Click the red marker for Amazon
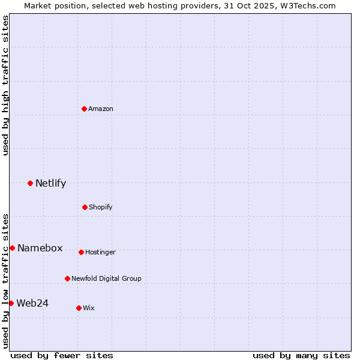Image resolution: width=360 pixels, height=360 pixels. click(x=85, y=109)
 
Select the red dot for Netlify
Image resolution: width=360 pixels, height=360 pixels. click(x=30, y=183)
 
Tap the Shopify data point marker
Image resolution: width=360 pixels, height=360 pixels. click(x=85, y=207)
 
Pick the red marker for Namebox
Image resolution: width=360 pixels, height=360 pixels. click(x=12, y=248)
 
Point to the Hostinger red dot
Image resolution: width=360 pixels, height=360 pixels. click(x=81, y=252)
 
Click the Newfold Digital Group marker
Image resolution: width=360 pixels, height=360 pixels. click(x=67, y=278)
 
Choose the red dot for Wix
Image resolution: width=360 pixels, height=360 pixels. click(x=79, y=308)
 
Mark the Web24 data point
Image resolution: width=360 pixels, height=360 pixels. click(x=11, y=303)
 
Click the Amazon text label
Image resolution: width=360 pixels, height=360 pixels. click(x=101, y=109)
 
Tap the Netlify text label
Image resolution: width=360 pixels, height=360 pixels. click(x=50, y=184)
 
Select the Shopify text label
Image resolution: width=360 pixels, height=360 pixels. click(x=101, y=207)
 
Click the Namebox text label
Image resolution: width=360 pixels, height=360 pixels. click(x=40, y=248)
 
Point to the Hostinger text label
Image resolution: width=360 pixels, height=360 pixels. click(x=100, y=252)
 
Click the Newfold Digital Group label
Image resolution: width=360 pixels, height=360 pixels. click(x=106, y=278)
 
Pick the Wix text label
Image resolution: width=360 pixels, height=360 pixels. click(x=89, y=308)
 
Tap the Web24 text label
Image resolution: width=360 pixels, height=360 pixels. click(x=32, y=303)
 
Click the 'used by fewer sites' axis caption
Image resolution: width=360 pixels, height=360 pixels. click(x=62, y=355)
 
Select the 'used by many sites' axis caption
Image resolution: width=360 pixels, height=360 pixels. click(x=301, y=355)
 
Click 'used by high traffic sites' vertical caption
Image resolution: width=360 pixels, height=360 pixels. click(x=5, y=85)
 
